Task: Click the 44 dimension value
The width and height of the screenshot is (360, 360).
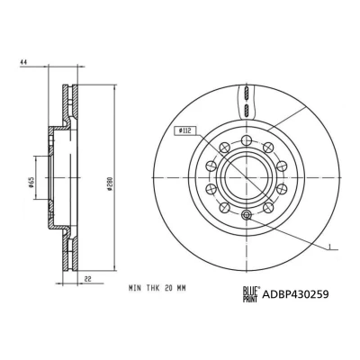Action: point(23,62)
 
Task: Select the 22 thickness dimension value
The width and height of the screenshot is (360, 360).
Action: point(87,279)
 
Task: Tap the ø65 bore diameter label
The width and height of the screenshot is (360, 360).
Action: point(31,183)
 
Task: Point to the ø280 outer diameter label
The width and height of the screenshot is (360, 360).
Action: point(110,184)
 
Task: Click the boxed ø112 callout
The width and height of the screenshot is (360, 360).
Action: point(185,131)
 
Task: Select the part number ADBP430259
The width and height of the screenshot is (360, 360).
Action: point(295,294)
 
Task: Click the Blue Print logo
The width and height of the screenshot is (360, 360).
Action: point(251,294)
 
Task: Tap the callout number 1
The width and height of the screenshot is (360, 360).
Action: point(329,247)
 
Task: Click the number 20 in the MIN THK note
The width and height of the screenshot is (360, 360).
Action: point(168,288)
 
